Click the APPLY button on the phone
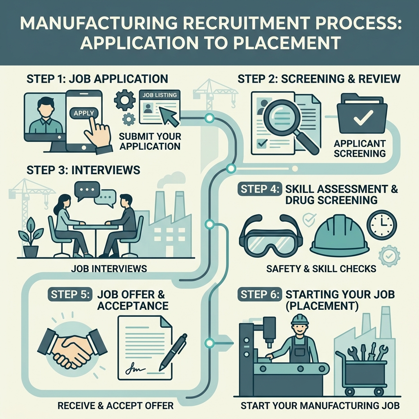[84, 113]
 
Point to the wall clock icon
[382, 225]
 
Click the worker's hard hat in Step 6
[300, 319]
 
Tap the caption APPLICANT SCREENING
[359, 149]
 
